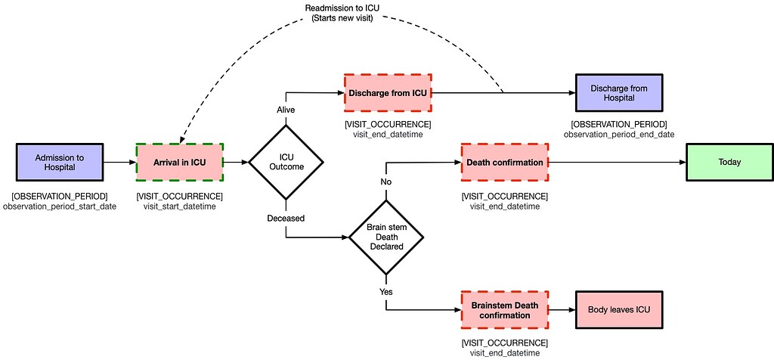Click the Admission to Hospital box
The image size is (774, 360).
click(x=60, y=162)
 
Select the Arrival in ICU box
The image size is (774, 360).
click(x=180, y=162)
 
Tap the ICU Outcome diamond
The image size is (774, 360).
click(x=286, y=162)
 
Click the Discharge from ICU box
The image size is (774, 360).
click(x=387, y=93)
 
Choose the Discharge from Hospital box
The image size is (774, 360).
click(x=618, y=93)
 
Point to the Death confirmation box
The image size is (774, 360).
click(x=504, y=162)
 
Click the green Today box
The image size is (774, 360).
click(x=729, y=162)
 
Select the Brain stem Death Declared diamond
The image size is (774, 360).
click(x=386, y=237)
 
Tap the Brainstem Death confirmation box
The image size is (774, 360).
click(x=504, y=310)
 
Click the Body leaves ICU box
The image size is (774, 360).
click(x=619, y=310)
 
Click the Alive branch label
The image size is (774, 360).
click(x=286, y=110)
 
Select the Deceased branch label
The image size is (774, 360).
click(x=286, y=218)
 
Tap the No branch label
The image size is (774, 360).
click(x=386, y=182)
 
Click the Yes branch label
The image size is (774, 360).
click(x=386, y=291)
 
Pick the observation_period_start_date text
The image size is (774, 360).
click(x=60, y=206)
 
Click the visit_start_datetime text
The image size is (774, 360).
click(x=179, y=206)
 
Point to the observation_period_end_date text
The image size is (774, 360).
click(x=618, y=134)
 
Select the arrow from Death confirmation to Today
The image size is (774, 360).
click(x=617, y=162)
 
